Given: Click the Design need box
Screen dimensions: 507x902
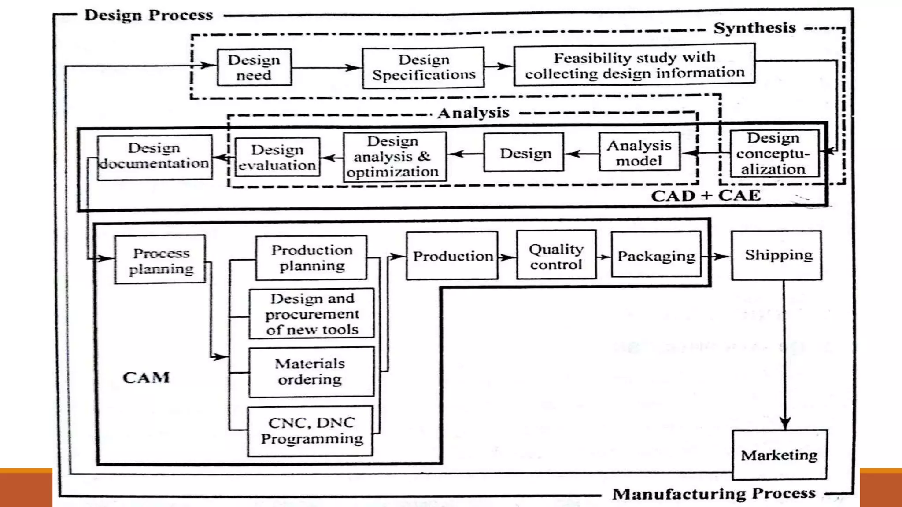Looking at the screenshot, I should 254,67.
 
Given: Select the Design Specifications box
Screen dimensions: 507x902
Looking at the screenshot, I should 423,67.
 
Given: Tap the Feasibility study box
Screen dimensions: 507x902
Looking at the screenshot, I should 634,65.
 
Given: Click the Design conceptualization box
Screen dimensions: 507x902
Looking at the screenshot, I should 774,154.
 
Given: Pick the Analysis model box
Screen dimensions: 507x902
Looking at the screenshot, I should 639,152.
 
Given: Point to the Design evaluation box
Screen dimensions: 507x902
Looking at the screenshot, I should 277,157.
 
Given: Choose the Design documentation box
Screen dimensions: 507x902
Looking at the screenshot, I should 154,156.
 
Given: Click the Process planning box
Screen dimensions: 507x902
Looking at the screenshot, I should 160,260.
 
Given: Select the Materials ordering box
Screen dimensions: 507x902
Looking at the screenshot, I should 311,372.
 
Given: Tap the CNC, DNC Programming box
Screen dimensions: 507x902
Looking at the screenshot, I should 311,431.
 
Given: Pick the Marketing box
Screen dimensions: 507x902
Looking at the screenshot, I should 779,455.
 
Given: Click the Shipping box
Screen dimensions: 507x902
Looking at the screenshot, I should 776,255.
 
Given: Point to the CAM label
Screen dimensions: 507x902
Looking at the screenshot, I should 146,378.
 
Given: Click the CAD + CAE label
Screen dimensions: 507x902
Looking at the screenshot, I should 706,195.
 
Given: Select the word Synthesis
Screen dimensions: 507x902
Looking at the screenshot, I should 754,28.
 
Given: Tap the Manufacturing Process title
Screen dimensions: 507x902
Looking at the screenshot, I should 714,493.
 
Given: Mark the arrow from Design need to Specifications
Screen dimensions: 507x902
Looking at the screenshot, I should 327,68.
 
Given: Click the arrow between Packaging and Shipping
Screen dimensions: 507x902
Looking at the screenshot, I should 717,256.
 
